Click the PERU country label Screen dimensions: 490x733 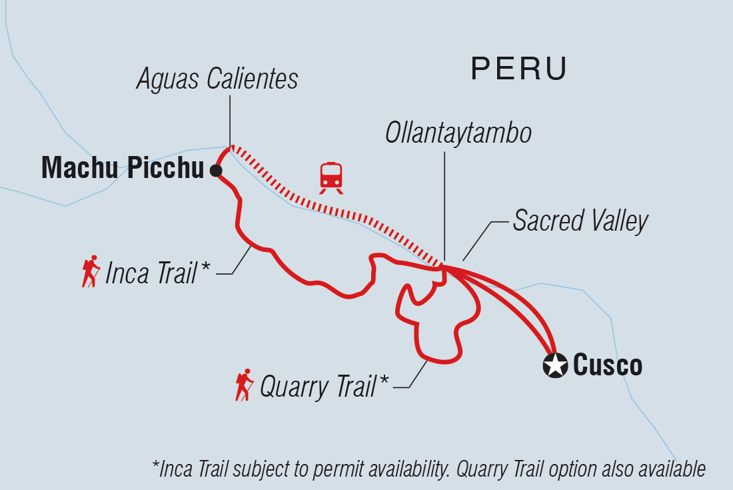(x=519, y=69)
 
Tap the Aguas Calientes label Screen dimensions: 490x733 (x=217, y=79)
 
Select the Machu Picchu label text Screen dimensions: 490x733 (x=122, y=169)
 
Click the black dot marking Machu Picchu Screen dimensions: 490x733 (x=215, y=171)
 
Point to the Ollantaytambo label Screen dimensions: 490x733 (x=458, y=133)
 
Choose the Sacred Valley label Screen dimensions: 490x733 (x=580, y=221)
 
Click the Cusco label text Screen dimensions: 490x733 (x=607, y=365)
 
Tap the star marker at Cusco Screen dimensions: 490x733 (x=554, y=366)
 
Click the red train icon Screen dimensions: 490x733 (x=331, y=177)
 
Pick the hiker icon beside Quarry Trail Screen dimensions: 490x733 (x=244, y=385)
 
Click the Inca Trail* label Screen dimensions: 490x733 (x=157, y=273)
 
